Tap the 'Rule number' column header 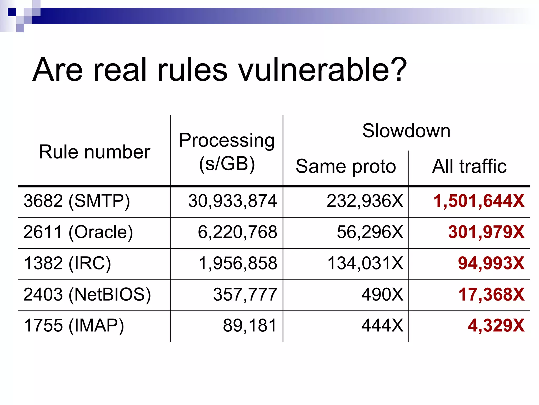point(94,152)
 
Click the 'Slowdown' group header point(406,131)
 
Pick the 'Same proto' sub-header point(346,166)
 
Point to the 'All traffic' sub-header point(469,166)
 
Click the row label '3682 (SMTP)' point(77,201)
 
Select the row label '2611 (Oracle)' point(78,232)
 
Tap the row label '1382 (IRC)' point(67,263)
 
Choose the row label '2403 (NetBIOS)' point(87,295)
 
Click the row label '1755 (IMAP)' point(74,326)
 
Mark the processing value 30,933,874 point(232,201)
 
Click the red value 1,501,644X point(479,201)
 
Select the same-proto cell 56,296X point(370,232)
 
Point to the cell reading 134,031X point(365,263)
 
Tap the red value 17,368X point(491,295)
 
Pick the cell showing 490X point(382,295)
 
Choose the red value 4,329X point(496,326)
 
